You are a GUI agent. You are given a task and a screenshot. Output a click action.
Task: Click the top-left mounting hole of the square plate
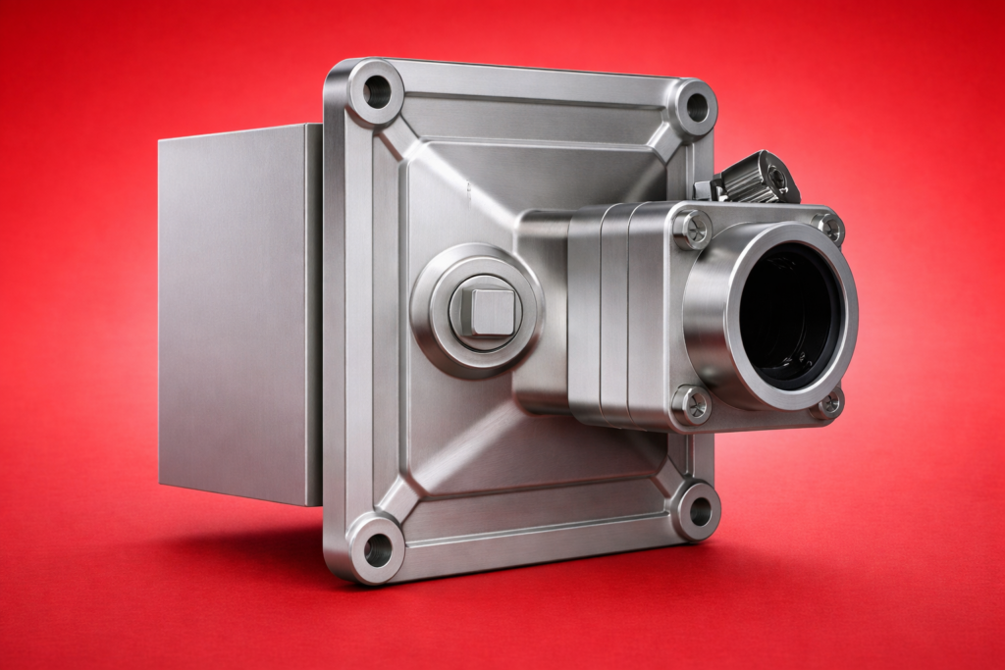pyautogui.click(x=376, y=92)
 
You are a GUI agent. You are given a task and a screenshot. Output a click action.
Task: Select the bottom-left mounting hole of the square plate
pyautogui.click(x=377, y=549)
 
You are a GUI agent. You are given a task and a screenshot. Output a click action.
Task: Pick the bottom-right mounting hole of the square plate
pyautogui.click(x=700, y=510)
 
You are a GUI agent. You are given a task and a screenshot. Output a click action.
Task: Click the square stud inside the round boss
pyautogui.click(x=484, y=311)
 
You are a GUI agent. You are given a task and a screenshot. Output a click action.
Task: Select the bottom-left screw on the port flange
pyautogui.click(x=694, y=403)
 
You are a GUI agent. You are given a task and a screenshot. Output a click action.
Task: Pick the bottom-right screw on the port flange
pyautogui.click(x=829, y=402)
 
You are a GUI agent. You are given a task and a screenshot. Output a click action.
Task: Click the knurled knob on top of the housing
pyautogui.click(x=756, y=178)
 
